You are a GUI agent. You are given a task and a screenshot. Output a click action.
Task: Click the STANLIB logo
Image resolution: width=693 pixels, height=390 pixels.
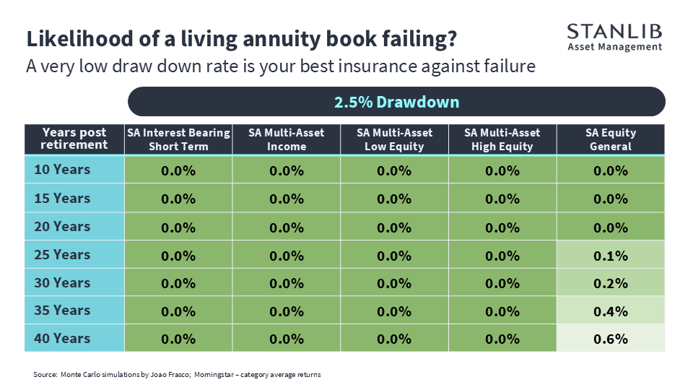click(615, 38)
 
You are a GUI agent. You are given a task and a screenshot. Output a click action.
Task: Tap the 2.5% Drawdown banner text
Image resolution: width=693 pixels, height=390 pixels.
click(396, 102)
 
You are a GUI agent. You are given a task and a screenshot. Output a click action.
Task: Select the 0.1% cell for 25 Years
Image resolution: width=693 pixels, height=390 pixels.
click(611, 255)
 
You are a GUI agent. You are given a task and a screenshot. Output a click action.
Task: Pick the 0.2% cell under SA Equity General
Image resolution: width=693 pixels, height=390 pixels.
click(611, 283)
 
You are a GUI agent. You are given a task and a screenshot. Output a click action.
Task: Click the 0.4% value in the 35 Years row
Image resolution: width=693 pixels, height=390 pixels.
click(611, 311)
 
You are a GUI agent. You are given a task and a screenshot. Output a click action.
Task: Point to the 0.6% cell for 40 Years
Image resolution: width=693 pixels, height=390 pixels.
click(611, 339)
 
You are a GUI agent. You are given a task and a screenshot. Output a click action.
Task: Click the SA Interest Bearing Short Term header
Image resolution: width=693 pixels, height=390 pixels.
click(178, 139)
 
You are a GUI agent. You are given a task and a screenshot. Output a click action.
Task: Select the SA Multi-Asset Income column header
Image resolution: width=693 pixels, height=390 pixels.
click(287, 139)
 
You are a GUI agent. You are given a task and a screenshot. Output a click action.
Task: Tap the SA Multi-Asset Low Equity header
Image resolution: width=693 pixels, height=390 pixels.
click(394, 139)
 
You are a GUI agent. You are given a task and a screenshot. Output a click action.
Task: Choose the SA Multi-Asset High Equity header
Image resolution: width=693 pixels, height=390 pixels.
click(502, 139)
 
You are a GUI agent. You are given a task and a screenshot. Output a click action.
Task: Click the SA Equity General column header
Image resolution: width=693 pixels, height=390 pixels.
click(611, 139)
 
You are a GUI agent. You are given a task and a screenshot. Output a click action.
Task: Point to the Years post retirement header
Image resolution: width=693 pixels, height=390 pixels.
click(74, 139)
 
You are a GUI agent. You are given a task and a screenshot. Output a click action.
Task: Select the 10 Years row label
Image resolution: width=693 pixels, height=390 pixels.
click(62, 169)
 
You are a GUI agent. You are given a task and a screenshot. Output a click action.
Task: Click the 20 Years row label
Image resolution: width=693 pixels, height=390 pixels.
click(62, 226)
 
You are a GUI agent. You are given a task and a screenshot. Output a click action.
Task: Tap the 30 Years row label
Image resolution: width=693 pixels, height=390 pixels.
click(62, 282)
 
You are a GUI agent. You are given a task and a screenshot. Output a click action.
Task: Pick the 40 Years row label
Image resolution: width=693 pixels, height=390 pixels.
click(62, 338)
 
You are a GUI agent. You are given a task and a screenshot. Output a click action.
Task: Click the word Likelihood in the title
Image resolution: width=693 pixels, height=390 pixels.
click(80, 39)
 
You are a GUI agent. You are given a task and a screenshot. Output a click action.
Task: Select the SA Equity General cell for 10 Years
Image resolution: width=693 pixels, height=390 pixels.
click(611, 170)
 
